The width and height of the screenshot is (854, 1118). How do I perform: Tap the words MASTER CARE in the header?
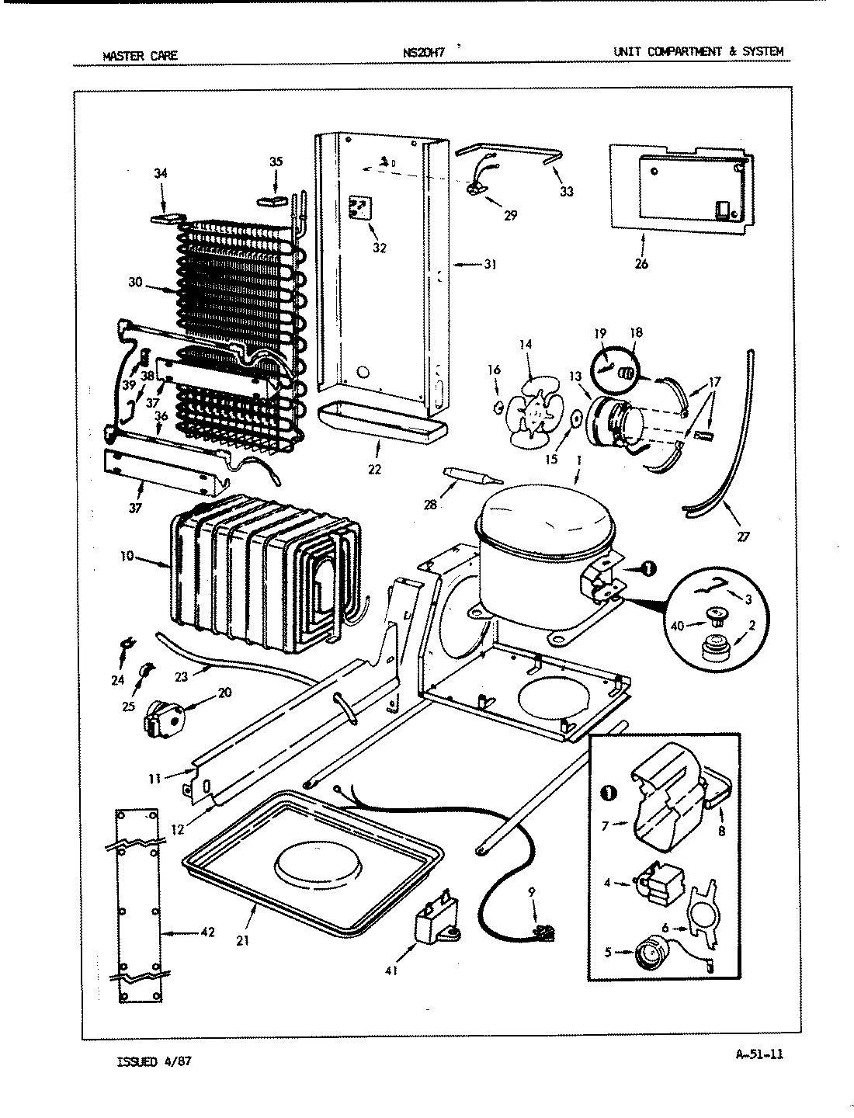click(x=140, y=55)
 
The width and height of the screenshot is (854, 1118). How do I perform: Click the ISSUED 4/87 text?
click(x=152, y=1061)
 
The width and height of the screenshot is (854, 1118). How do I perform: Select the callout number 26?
click(x=640, y=264)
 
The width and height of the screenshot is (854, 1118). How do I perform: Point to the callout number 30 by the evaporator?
click(x=137, y=283)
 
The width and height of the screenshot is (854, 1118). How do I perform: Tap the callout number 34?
click(x=160, y=173)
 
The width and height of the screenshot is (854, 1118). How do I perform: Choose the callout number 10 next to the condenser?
click(x=127, y=556)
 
